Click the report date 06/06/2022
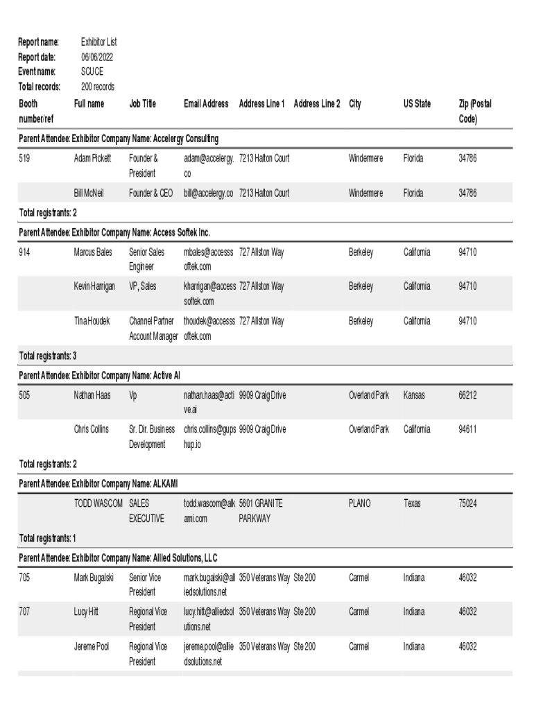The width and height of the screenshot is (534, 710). coord(96,57)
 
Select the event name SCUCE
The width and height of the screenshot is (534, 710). coord(92,71)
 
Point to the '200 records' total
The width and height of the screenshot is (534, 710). coord(98,87)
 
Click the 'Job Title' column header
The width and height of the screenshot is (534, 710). coord(142,104)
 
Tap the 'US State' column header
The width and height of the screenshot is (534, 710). coord(417,104)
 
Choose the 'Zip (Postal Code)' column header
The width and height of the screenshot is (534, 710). coord(475,111)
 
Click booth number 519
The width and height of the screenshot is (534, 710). coord(25,159)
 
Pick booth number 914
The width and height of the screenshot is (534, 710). coord(25,252)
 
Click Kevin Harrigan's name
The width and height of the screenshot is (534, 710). coord(95,286)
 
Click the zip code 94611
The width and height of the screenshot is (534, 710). coord(467,429)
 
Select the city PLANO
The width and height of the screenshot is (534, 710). coord(359,503)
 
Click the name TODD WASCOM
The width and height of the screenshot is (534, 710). coord(98,503)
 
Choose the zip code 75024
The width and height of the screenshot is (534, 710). coord(467,503)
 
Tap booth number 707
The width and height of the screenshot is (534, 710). coord(25,612)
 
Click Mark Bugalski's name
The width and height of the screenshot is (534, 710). coord(94,578)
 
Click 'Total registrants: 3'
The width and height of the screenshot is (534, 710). coord(47,356)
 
